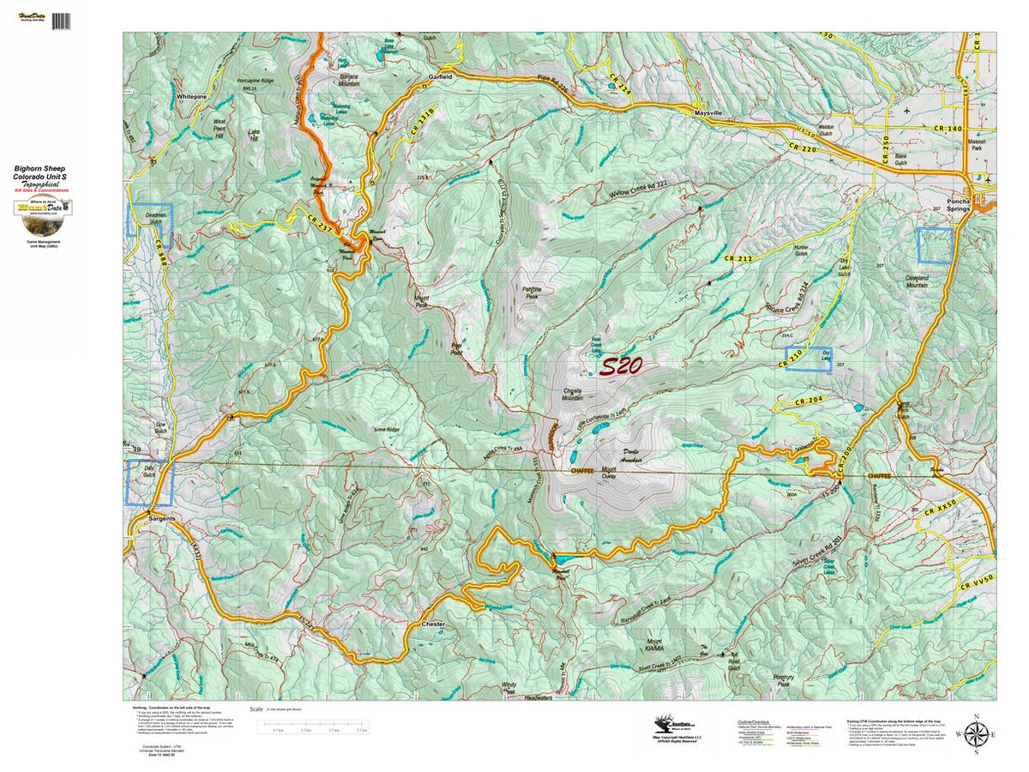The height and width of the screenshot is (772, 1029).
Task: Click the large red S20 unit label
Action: point(621,367)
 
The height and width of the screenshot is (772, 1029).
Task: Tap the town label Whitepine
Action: point(192,98)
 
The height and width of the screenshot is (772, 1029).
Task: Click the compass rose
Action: point(975,734)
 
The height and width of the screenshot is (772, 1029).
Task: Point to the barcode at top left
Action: point(61,21)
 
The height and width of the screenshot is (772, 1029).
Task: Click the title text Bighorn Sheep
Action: point(39,169)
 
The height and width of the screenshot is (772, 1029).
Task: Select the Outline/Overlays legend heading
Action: point(754,722)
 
